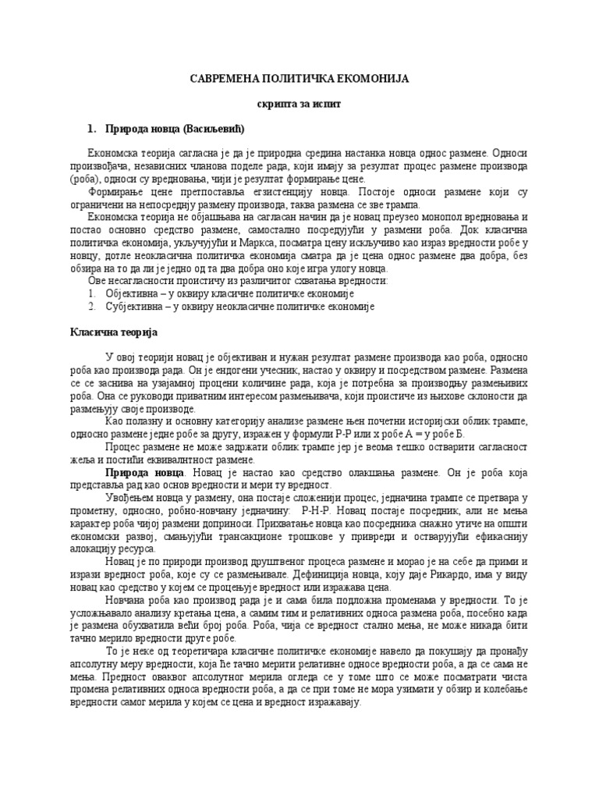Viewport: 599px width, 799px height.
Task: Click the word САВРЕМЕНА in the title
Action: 226,80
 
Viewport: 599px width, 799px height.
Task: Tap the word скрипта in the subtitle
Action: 277,103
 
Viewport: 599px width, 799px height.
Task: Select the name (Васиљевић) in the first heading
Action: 219,127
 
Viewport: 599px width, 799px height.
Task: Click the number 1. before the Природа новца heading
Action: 91,127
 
